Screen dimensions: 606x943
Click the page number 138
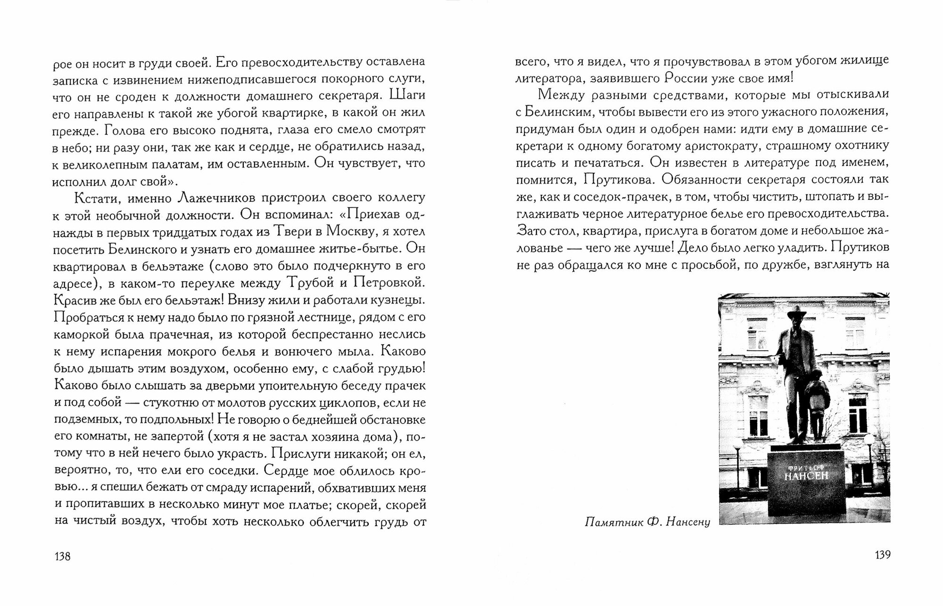click(62, 556)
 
